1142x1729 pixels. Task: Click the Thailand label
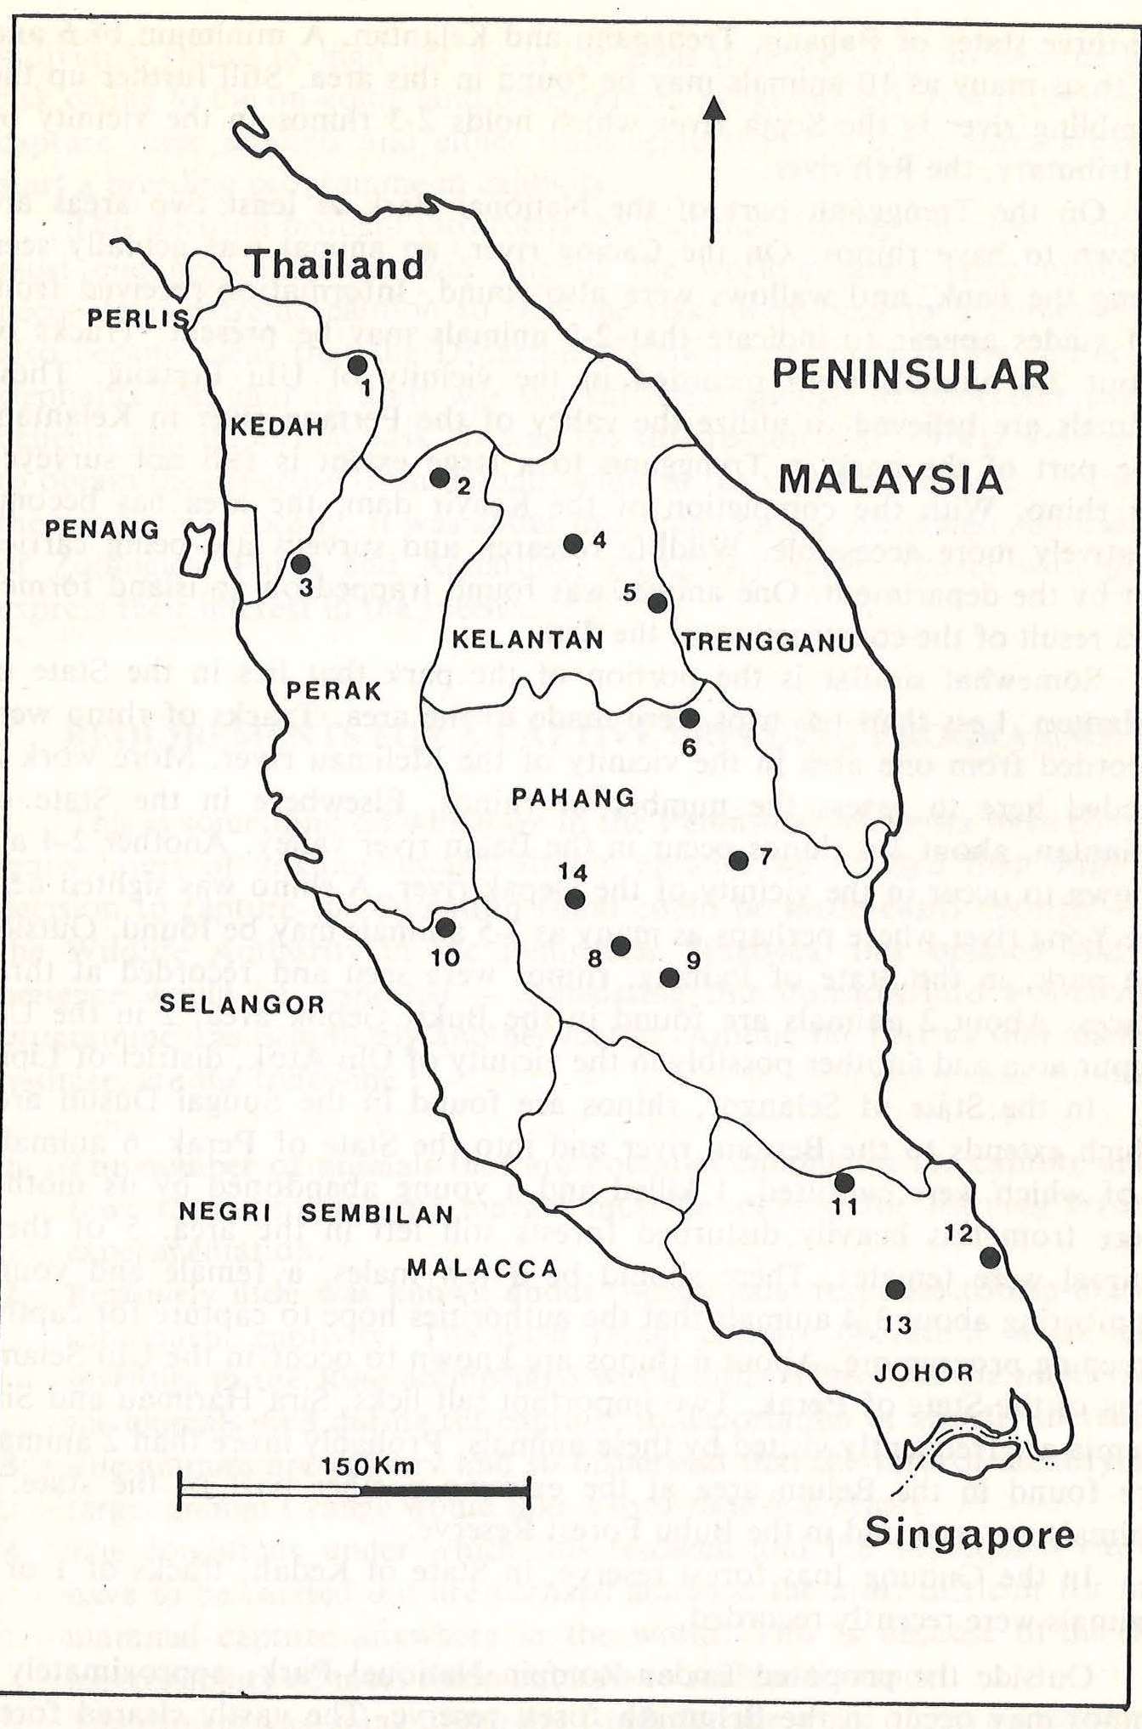pyautogui.click(x=335, y=266)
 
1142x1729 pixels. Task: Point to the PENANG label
pyautogui.click(x=101, y=530)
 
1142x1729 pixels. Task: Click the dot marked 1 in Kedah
pyautogui.click(x=358, y=366)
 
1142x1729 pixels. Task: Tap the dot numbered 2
pyautogui.click(x=439, y=478)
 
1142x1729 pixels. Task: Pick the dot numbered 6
pyautogui.click(x=690, y=718)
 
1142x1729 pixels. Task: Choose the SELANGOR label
pyautogui.click(x=242, y=1005)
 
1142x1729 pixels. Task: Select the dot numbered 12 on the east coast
pyautogui.click(x=989, y=1257)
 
